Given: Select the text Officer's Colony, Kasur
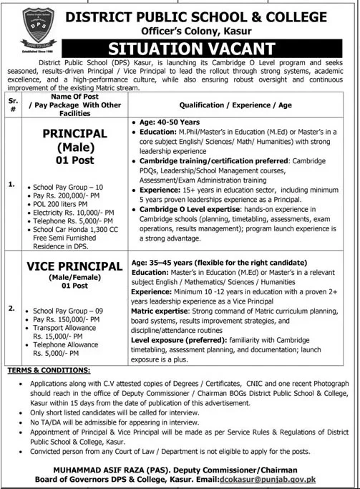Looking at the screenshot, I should [x=208, y=30].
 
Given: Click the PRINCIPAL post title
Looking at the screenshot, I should [x=66, y=134].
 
